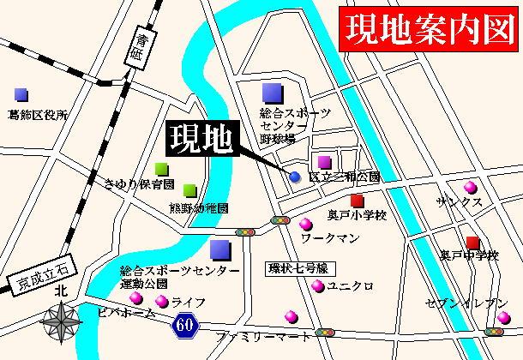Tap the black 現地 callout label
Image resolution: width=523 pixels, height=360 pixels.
[200, 139]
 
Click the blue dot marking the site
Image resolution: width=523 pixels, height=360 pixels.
[295, 177]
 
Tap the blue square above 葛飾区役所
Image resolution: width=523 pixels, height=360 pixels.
[21, 93]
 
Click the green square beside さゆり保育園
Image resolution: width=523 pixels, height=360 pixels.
[161, 169]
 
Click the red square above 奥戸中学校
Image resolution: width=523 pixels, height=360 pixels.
[473, 243]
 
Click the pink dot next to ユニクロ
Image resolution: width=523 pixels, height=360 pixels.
[317, 286]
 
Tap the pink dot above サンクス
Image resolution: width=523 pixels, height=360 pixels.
[468, 187]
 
